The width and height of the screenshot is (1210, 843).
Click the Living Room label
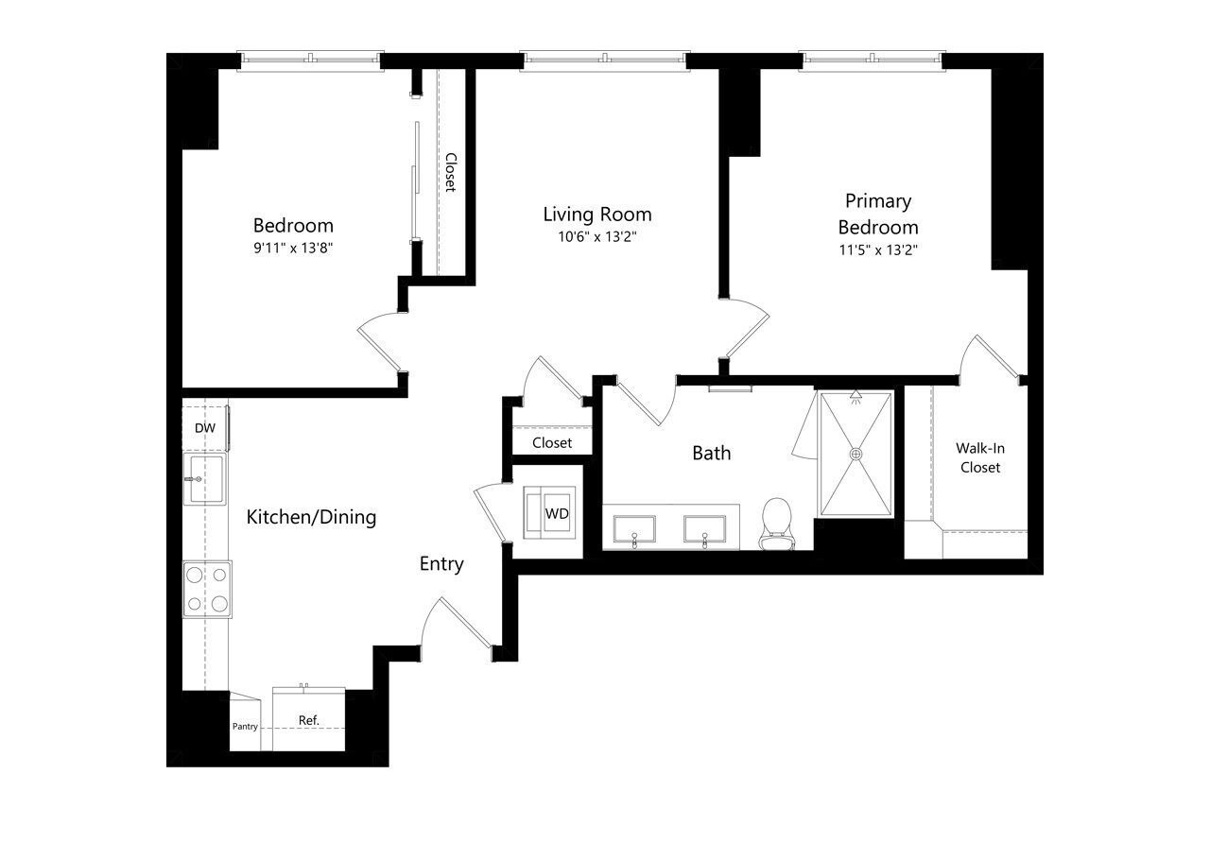coord(596,215)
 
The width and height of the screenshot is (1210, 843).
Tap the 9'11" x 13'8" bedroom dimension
coord(293,248)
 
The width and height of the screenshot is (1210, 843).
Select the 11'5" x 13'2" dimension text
coord(878,250)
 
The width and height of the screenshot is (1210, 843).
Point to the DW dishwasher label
coord(205,428)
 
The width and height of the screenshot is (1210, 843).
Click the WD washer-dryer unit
coord(549,512)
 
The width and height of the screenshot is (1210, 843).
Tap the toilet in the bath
coord(777,524)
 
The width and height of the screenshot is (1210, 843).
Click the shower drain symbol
coord(856,454)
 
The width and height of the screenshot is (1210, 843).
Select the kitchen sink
coord(205,479)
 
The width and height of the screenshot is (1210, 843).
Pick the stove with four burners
coord(207,589)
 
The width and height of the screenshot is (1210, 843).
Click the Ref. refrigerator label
coord(309,720)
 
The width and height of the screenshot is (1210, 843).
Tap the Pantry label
coord(245,727)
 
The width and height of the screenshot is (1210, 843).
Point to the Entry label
coord(441,564)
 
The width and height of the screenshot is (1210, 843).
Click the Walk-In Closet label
coord(980,457)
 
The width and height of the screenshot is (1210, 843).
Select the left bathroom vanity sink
coord(634,529)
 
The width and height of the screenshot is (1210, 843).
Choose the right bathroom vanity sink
coord(704,529)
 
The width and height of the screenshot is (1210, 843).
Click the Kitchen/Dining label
coord(311,517)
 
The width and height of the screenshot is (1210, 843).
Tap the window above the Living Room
coord(605,61)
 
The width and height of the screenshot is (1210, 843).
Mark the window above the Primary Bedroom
coord(872,61)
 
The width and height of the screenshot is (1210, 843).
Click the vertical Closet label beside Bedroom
coord(451,172)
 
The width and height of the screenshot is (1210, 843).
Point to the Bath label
coord(712,453)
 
